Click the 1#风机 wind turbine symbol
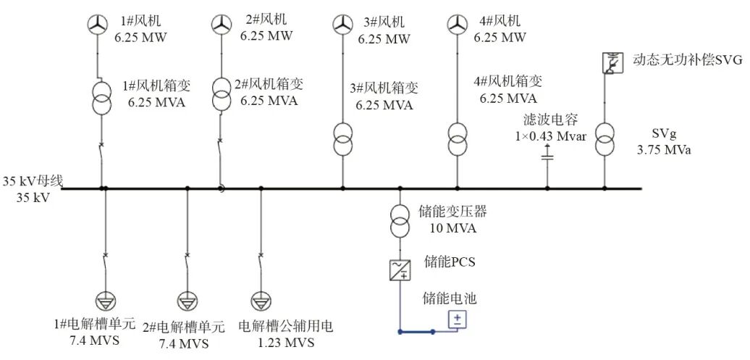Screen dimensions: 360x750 [x=98, y=25]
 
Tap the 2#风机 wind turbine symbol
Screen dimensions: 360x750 [x=220, y=25]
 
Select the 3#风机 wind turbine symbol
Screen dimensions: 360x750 [x=342, y=25]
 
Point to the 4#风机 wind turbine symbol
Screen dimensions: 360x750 [x=457, y=25]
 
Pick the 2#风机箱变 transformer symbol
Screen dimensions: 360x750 [x=220, y=94]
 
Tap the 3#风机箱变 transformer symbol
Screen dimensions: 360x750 [x=342, y=139]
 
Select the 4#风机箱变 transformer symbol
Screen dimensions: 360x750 [x=457, y=139]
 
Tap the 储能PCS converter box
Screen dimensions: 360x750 [x=400, y=270]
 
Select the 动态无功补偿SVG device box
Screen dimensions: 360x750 [x=612, y=63]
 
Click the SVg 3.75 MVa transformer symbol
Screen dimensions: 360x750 [x=604, y=139]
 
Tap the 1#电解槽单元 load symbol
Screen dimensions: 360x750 [x=105, y=300]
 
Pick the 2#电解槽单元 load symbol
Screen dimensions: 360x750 [x=187, y=300]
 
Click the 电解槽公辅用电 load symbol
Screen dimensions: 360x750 [x=260, y=300]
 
